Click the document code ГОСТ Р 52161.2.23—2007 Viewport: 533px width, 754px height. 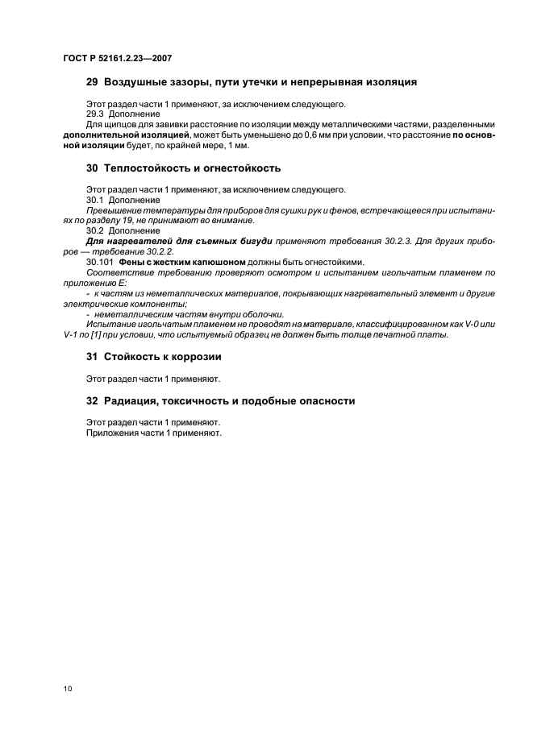(x=117, y=59)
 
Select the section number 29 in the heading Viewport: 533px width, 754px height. (x=92, y=82)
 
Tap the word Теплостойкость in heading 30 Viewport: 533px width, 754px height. (x=147, y=168)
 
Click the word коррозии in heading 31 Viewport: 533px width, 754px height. (x=194, y=356)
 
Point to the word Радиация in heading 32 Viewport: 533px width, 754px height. (x=131, y=400)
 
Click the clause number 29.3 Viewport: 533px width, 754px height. (x=96, y=114)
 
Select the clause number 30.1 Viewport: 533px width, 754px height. (x=96, y=200)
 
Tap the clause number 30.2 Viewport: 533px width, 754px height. (x=96, y=230)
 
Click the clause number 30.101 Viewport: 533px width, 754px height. (x=99, y=262)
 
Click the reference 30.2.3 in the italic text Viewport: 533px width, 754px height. (x=377, y=241)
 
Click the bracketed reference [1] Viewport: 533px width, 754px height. (x=102, y=335)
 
